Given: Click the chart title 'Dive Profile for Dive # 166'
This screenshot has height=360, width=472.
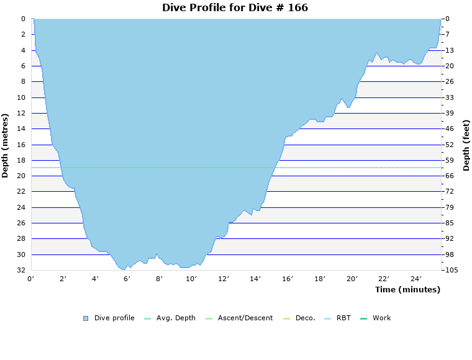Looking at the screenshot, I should (235, 8).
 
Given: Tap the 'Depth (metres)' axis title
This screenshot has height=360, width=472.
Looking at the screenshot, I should (6, 145).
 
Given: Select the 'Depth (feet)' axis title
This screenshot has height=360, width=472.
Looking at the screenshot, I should (466, 145).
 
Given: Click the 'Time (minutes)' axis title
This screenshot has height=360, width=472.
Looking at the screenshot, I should (407, 290).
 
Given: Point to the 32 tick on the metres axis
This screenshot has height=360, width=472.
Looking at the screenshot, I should (21, 270).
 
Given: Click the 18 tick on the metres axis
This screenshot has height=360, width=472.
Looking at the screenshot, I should (21, 160).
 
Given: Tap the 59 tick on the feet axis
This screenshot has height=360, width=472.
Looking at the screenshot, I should (450, 160).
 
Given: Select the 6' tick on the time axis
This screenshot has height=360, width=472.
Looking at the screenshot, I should (127, 279).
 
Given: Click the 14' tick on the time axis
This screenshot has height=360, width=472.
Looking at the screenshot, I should (255, 279).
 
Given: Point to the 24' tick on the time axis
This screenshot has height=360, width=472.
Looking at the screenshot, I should (416, 279).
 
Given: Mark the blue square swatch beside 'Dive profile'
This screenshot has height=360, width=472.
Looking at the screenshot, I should (86, 318).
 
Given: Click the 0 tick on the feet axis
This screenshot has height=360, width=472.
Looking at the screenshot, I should (448, 19).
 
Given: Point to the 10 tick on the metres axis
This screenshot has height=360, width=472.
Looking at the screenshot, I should (21, 97).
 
